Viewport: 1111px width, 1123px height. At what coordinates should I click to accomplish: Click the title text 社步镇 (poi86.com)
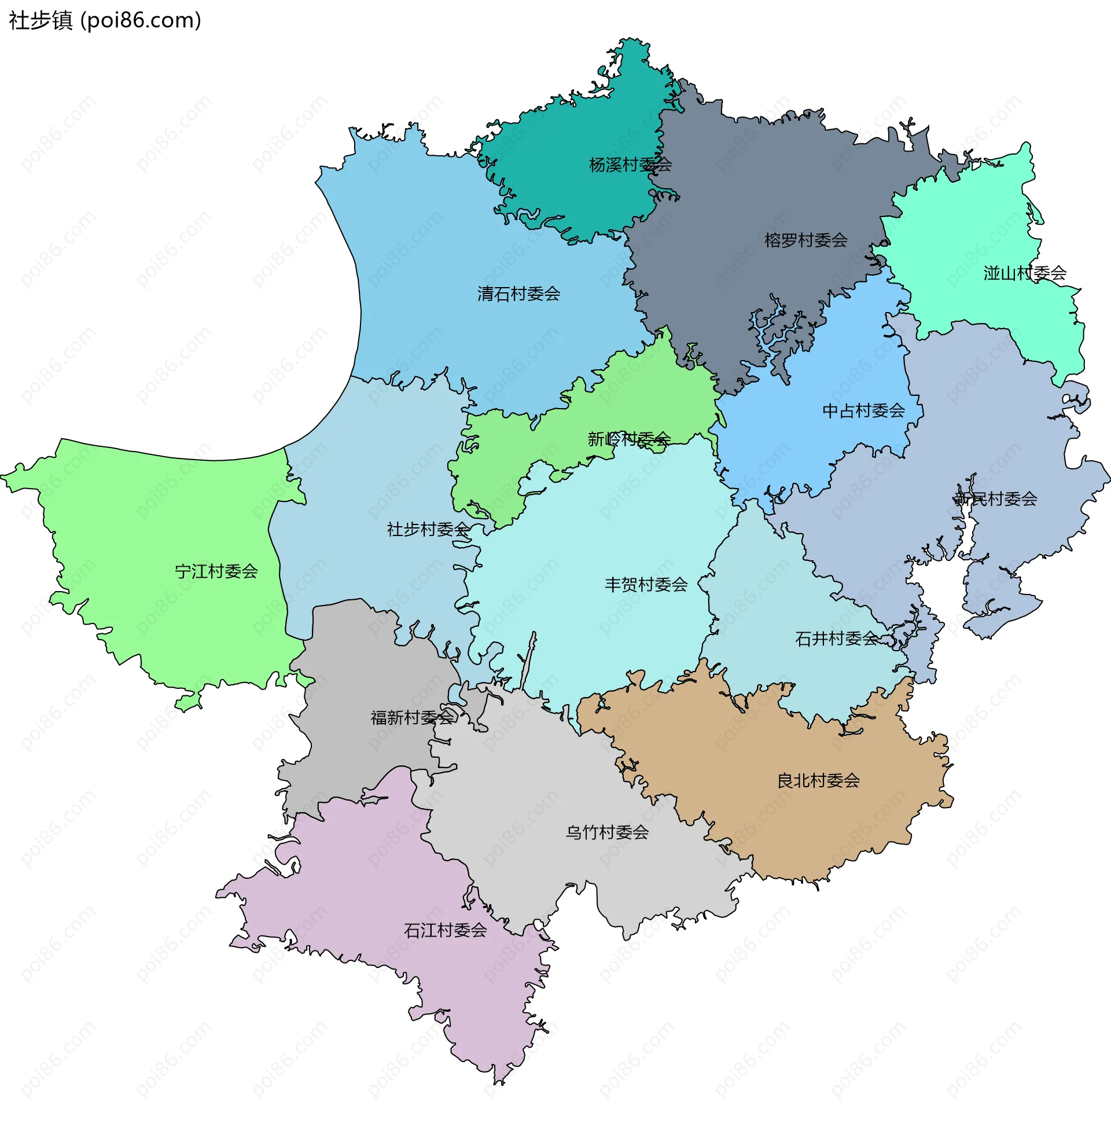(x=105, y=20)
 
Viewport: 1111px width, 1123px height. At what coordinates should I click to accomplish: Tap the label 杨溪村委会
(x=630, y=165)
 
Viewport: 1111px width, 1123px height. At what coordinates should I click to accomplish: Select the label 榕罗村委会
(x=805, y=240)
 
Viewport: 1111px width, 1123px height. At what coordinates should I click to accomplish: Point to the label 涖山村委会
(x=1024, y=273)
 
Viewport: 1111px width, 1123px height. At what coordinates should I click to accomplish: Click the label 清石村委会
(x=518, y=294)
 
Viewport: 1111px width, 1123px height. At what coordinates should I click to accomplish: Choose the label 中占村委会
(x=863, y=411)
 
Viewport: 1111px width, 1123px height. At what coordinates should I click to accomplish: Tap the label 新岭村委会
(x=629, y=439)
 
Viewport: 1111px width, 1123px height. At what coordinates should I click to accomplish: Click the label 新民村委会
(x=995, y=499)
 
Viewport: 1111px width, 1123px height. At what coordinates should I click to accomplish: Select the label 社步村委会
(x=428, y=530)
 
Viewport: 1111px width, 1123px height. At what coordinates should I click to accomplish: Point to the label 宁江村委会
(x=216, y=571)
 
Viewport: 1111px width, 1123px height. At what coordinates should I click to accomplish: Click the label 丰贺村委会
(x=646, y=585)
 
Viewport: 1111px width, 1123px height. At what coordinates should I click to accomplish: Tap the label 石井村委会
(x=836, y=640)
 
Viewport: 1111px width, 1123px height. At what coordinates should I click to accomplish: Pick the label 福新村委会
(x=412, y=718)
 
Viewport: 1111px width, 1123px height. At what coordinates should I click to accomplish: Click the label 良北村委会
(x=818, y=781)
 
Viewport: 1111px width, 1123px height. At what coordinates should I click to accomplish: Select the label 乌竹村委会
(x=607, y=832)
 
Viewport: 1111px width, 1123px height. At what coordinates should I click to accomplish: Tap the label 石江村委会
(x=445, y=931)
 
